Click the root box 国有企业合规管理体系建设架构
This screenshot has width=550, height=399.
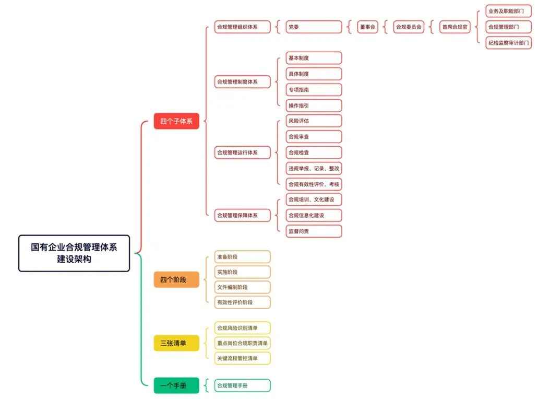pos(74,253)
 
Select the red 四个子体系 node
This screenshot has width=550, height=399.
pos(176,122)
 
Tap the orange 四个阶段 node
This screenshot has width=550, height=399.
pos(176,279)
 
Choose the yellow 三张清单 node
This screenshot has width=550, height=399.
pos(176,343)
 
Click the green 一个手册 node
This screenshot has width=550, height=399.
pos(176,385)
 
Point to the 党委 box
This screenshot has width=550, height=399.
pos(314,27)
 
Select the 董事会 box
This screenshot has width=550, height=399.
pos(367,27)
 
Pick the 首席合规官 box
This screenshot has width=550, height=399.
pos(455,27)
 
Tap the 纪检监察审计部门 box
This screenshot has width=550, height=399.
pos(508,43)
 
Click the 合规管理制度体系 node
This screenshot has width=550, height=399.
pos(243,82)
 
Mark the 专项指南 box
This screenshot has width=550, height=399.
pos(314,90)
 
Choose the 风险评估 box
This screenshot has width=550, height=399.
pos(314,121)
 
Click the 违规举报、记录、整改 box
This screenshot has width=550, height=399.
pos(314,168)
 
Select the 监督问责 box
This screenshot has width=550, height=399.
pos(314,231)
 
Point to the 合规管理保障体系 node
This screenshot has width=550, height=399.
pos(243,215)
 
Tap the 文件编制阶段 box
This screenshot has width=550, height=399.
pos(243,287)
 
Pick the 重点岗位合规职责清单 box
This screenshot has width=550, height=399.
pos(243,343)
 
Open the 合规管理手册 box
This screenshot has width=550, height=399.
pos(243,385)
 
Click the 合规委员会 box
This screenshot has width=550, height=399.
pos(408,27)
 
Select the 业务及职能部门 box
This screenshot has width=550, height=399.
pos(508,10)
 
